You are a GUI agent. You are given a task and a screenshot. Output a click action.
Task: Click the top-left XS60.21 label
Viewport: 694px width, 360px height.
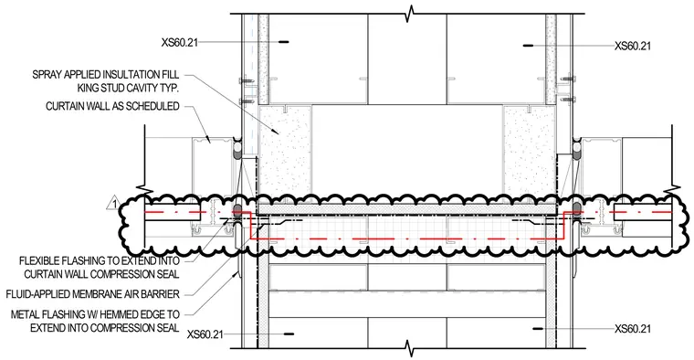click(x=180, y=43)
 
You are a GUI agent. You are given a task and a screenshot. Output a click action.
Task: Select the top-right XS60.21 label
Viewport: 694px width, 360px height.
click(x=633, y=46)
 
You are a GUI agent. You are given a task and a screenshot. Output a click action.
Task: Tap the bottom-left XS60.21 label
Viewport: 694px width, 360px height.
click(x=205, y=334)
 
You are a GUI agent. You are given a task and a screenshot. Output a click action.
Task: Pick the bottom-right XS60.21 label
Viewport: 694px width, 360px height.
click(x=633, y=329)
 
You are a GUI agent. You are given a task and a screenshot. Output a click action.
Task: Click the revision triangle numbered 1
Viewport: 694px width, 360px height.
click(x=114, y=204)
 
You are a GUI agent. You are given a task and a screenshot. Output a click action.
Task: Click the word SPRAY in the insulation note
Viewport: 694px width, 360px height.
click(x=47, y=74)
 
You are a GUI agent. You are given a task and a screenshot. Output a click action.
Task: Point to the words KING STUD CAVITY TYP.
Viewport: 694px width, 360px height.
click(x=129, y=88)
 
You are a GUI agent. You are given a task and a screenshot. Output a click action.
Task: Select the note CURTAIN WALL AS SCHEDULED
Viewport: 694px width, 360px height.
click(x=112, y=106)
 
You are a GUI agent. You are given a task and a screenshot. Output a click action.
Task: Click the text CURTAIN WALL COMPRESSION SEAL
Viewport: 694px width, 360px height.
click(x=101, y=274)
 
